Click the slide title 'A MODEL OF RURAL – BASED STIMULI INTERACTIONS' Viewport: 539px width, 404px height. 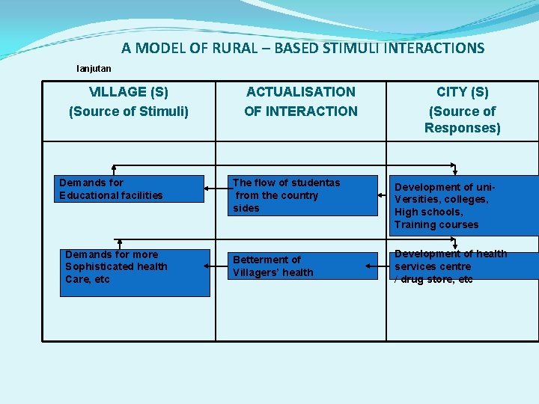tap(302, 49)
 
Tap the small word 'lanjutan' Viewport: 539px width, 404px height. tap(94, 69)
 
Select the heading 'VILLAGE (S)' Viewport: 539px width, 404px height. tap(129, 92)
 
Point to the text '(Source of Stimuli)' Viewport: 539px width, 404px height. tap(129, 111)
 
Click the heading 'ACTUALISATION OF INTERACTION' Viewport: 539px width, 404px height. tap(301, 102)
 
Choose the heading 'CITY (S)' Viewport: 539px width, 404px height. tap(462, 92)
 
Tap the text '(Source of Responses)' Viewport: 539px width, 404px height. tap(462, 120)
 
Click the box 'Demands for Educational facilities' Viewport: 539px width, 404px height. tap(131, 189)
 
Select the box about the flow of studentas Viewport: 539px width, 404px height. tap(304, 195)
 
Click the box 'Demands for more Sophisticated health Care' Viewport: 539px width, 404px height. tap(135, 272)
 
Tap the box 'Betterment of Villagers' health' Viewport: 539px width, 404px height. tap(304, 266)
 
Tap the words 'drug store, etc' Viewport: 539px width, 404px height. tap(438, 279)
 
